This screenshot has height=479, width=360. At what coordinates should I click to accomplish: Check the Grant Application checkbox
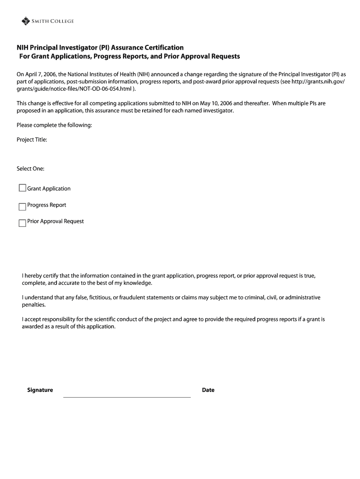pyautogui.click(x=22, y=188)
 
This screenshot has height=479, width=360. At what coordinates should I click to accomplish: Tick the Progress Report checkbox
pyautogui.click(x=22, y=206)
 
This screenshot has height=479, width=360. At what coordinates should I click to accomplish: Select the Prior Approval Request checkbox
pyautogui.click(x=22, y=223)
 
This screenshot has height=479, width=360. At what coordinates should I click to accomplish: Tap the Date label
pyautogui.click(x=208, y=390)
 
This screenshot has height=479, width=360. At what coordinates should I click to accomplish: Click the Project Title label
pyautogui.click(x=32, y=140)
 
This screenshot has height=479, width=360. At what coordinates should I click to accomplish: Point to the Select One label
pyautogui.click(x=30, y=168)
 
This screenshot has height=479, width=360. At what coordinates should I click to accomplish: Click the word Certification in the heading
pyautogui.click(x=162, y=48)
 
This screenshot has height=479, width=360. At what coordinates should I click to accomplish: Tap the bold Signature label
pyautogui.click(x=40, y=390)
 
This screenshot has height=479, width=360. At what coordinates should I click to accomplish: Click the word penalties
pyautogui.click(x=34, y=305)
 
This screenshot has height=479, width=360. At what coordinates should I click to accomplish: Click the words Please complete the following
pyautogui.click(x=54, y=125)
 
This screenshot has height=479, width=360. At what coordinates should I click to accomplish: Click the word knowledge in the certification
pyautogui.click(x=137, y=283)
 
